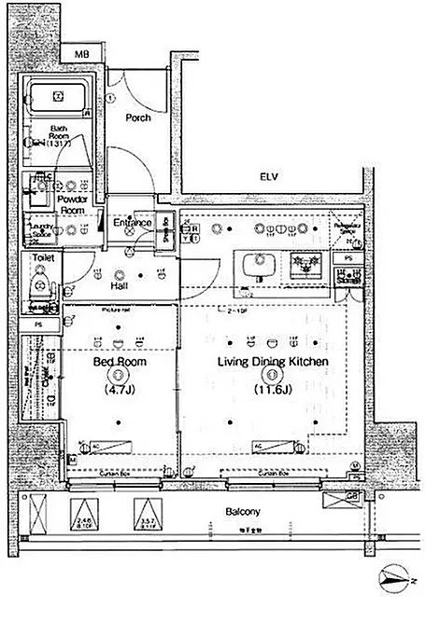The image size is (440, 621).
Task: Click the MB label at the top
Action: pos(83,55)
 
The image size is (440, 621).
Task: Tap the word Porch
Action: pos(139,118)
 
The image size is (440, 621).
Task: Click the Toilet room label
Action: pos(42,256)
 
